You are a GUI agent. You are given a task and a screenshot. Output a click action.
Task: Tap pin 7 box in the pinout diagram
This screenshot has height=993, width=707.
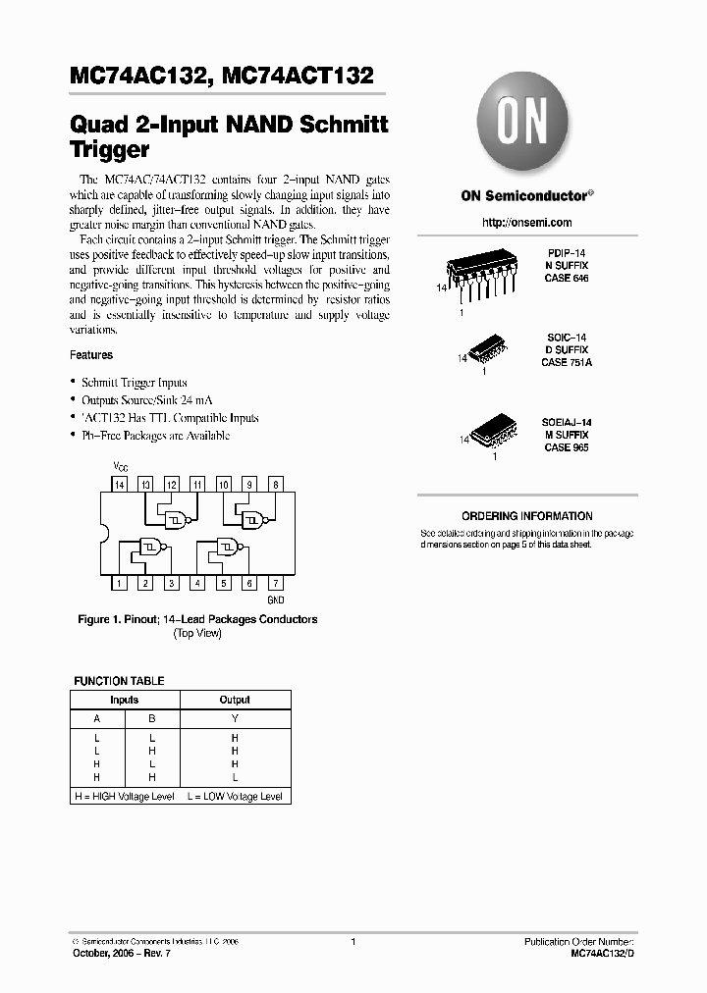pos(276,584)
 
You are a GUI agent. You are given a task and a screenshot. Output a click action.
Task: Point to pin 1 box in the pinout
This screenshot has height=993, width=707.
pos(119,584)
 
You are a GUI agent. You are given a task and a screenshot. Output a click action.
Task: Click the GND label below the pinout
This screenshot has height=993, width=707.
pos(276,599)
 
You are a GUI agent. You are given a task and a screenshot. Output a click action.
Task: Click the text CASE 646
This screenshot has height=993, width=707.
pos(569,279)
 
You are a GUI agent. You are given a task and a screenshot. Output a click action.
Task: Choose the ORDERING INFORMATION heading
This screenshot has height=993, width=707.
pos(526,516)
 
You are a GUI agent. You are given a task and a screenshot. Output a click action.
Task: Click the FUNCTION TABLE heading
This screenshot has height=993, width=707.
pos(120,681)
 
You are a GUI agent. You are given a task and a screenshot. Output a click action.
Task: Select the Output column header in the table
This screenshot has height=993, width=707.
pos(235,700)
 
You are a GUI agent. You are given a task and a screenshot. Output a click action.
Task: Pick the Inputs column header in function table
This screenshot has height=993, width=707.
pos(124,700)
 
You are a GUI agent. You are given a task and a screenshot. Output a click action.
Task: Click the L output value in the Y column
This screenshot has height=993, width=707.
pos(235,777)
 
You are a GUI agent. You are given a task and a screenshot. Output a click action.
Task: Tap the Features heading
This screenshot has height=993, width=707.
pos(91,355)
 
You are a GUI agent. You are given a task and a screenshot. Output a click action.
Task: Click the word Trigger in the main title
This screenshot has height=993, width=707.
pos(110,150)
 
